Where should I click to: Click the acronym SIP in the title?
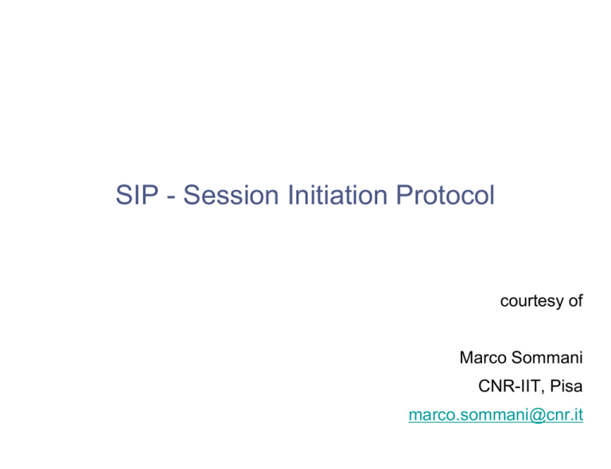(137, 195)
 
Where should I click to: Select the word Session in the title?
(231, 195)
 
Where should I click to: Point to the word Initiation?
(337, 195)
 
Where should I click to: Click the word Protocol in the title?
(446, 195)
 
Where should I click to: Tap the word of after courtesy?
(575, 300)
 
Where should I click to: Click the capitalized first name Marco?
(483, 358)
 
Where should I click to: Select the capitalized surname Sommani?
(547, 358)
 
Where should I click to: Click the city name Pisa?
(566, 386)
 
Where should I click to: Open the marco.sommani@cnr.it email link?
(496, 415)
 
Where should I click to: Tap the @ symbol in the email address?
(537, 415)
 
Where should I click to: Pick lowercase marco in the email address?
(432, 416)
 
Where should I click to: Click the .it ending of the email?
(575, 415)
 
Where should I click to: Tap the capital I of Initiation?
(290, 195)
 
